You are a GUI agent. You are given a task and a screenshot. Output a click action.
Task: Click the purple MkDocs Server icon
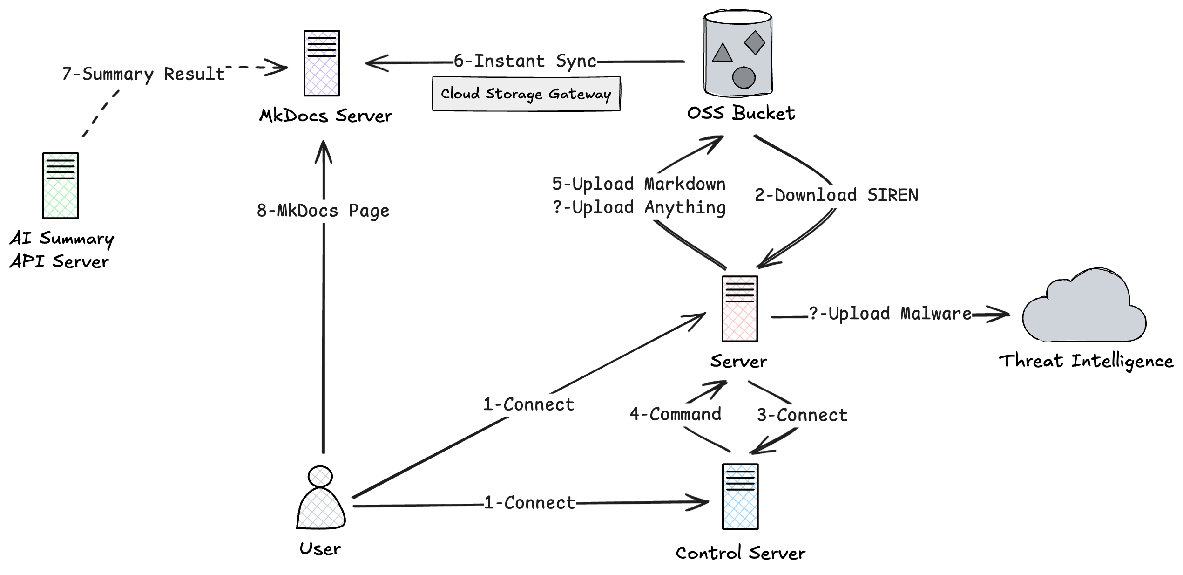pyautogui.click(x=321, y=63)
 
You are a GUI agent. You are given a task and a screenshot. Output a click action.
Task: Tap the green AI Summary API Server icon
pyautogui.click(x=60, y=185)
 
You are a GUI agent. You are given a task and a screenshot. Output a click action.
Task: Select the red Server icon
pyautogui.click(x=739, y=309)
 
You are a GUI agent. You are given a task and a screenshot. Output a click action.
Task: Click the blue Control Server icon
pyautogui.click(x=740, y=497)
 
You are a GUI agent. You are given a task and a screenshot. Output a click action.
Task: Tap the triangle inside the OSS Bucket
pyautogui.click(x=722, y=53)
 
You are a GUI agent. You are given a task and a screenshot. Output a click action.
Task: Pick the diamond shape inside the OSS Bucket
pyautogui.click(x=754, y=42)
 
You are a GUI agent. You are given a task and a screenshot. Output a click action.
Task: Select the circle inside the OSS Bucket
pyautogui.click(x=744, y=77)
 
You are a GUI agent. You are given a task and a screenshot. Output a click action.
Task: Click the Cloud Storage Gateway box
pyautogui.click(x=526, y=94)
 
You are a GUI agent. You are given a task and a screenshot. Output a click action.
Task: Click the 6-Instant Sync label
pyautogui.click(x=525, y=62)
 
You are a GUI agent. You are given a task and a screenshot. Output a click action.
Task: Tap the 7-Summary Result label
pyautogui.click(x=143, y=74)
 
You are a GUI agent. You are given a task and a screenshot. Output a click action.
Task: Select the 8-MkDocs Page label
pyautogui.click(x=323, y=211)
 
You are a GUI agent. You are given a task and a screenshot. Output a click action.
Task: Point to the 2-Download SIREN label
pyautogui.click(x=836, y=195)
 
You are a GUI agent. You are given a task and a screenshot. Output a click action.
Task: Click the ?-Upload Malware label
pyautogui.click(x=890, y=314)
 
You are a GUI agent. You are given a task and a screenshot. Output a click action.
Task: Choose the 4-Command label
pyautogui.click(x=675, y=414)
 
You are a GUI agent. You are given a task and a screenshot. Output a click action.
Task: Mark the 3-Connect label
pyautogui.click(x=802, y=415)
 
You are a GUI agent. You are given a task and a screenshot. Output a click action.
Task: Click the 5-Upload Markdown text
pyautogui.click(x=639, y=184)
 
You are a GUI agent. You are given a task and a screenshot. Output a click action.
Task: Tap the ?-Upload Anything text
pyautogui.click(x=639, y=207)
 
